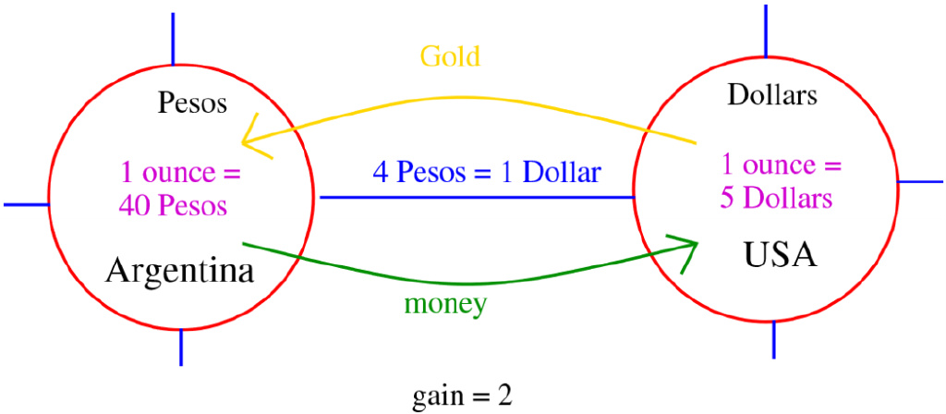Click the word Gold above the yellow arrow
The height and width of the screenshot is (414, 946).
click(x=450, y=56)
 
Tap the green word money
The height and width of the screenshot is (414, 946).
click(x=445, y=304)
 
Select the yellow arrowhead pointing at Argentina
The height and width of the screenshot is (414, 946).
click(x=248, y=141)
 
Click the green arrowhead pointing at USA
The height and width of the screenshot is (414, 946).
click(x=687, y=248)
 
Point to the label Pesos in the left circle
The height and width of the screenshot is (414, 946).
click(x=192, y=102)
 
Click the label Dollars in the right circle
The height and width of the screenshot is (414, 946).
click(x=772, y=93)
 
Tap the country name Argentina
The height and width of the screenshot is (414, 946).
click(x=180, y=271)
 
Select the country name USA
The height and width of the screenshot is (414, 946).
click(x=780, y=253)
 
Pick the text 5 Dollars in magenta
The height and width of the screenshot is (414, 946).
click(x=778, y=198)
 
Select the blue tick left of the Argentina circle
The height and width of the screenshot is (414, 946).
click(x=26, y=204)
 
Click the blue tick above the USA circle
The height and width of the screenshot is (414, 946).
click(x=766, y=30)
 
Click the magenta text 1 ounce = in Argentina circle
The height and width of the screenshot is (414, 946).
click(x=180, y=172)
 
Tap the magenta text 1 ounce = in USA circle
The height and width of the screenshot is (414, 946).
click(x=782, y=166)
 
